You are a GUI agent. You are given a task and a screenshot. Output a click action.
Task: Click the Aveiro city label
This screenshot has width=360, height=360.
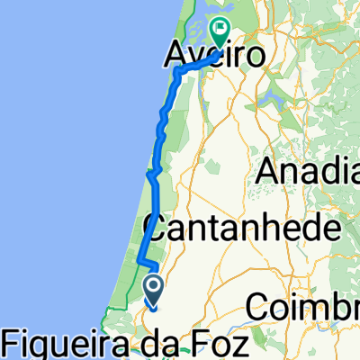216,58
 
